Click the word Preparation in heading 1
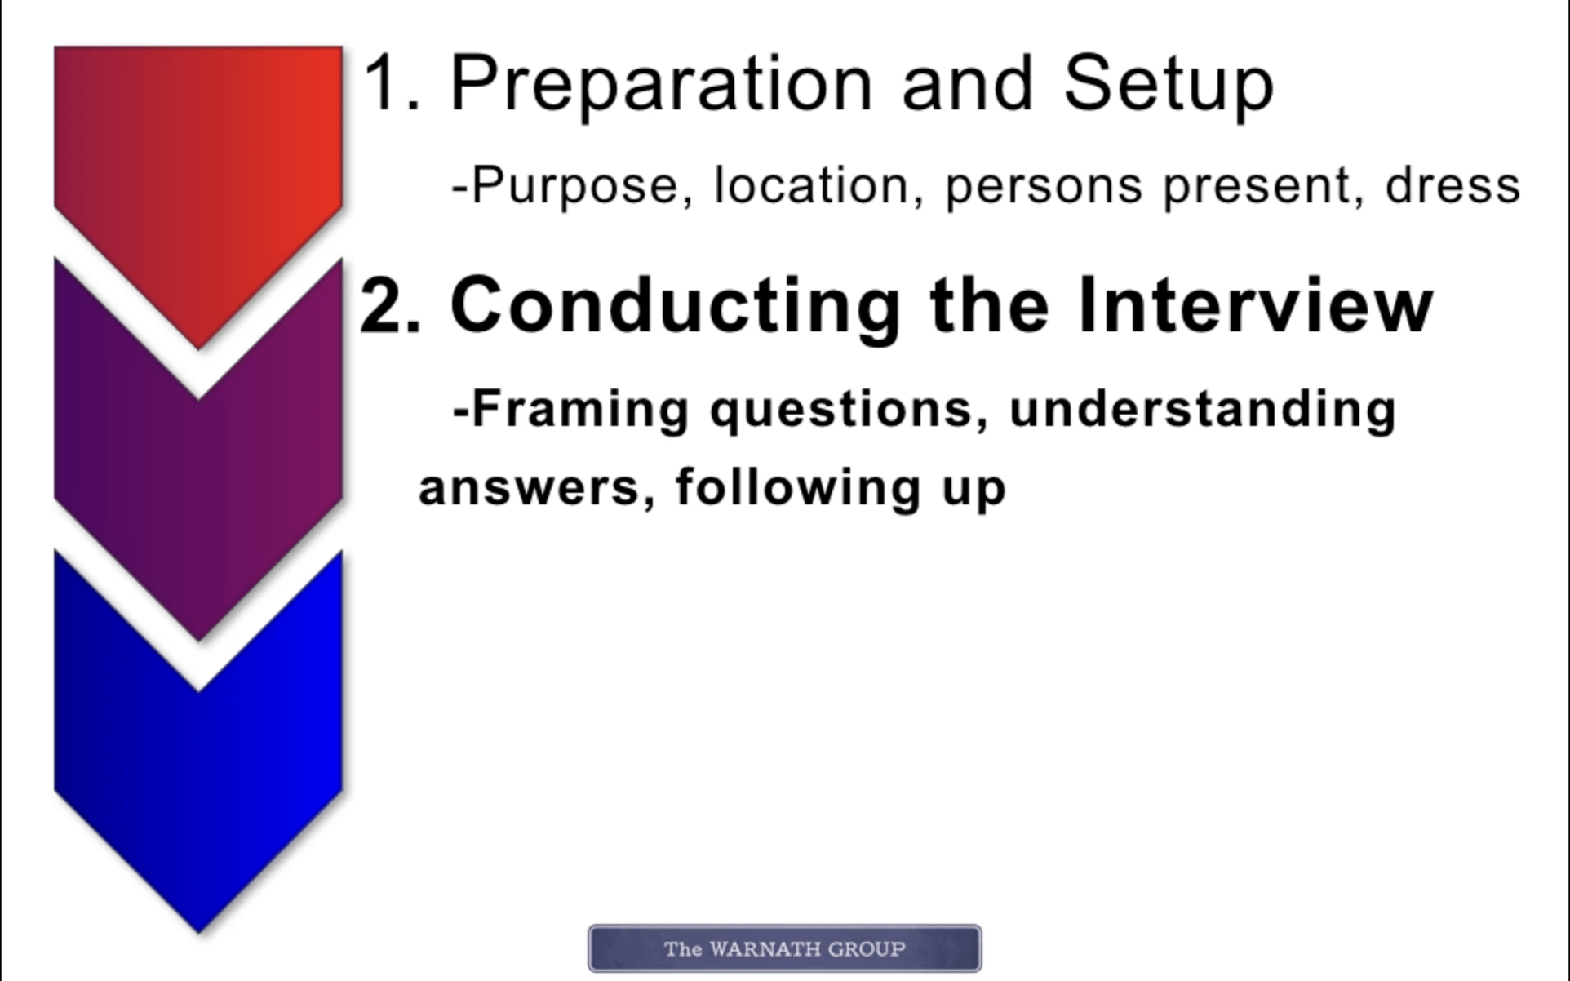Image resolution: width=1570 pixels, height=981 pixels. (662, 85)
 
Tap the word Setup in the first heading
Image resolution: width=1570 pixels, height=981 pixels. (1169, 85)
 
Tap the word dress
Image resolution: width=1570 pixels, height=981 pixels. (1453, 185)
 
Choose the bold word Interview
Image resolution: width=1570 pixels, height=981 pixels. (1255, 304)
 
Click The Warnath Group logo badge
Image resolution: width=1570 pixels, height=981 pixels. (785, 948)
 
